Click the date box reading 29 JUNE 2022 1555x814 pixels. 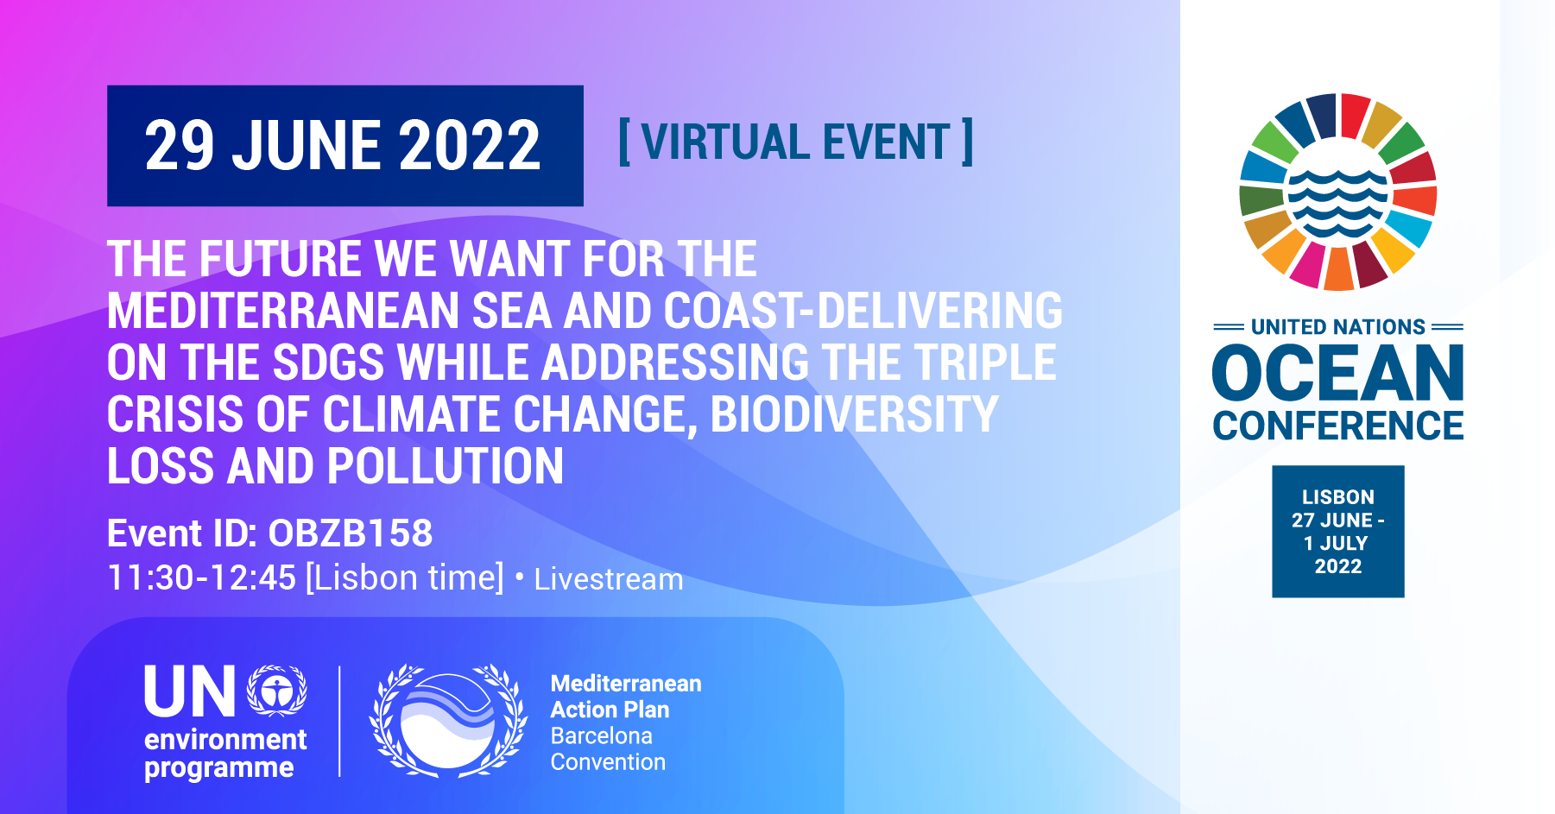tap(345, 146)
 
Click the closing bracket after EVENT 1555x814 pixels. tap(968, 142)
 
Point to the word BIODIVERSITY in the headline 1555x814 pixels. tap(854, 414)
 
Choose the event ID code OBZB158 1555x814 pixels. tap(351, 533)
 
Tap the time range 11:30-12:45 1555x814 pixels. tap(202, 578)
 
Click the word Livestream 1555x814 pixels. tap(609, 579)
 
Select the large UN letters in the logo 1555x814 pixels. tap(190, 691)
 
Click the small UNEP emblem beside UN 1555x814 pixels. tap(277, 691)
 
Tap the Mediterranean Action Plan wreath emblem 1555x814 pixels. tap(448, 720)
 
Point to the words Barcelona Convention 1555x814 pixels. tap(609, 749)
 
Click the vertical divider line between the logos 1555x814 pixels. tap(339, 722)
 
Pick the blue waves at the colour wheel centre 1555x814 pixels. tap(1338, 205)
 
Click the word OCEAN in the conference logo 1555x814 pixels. tap(1338, 373)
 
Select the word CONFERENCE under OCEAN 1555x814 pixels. tap(1338, 426)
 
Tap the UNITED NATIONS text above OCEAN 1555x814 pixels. tap(1338, 327)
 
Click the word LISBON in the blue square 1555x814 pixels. tap(1338, 497)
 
